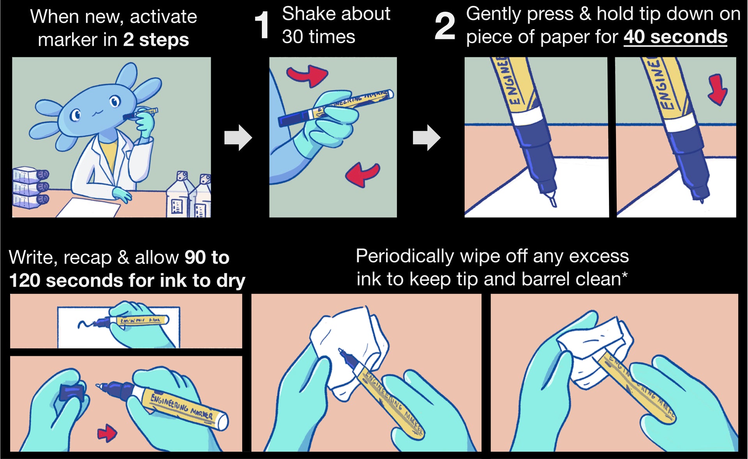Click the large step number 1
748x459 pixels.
[x=262, y=26]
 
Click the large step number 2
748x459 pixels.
[x=445, y=26]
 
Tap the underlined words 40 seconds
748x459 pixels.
[x=675, y=37]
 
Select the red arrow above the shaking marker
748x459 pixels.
[x=308, y=75]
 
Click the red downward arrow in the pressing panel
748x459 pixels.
[x=717, y=90]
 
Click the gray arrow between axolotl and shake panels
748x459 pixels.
[x=238, y=137]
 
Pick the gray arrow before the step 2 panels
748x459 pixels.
[x=427, y=137]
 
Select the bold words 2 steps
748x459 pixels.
[x=156, y=40]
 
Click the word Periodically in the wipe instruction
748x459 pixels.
[x=405, y=257]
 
